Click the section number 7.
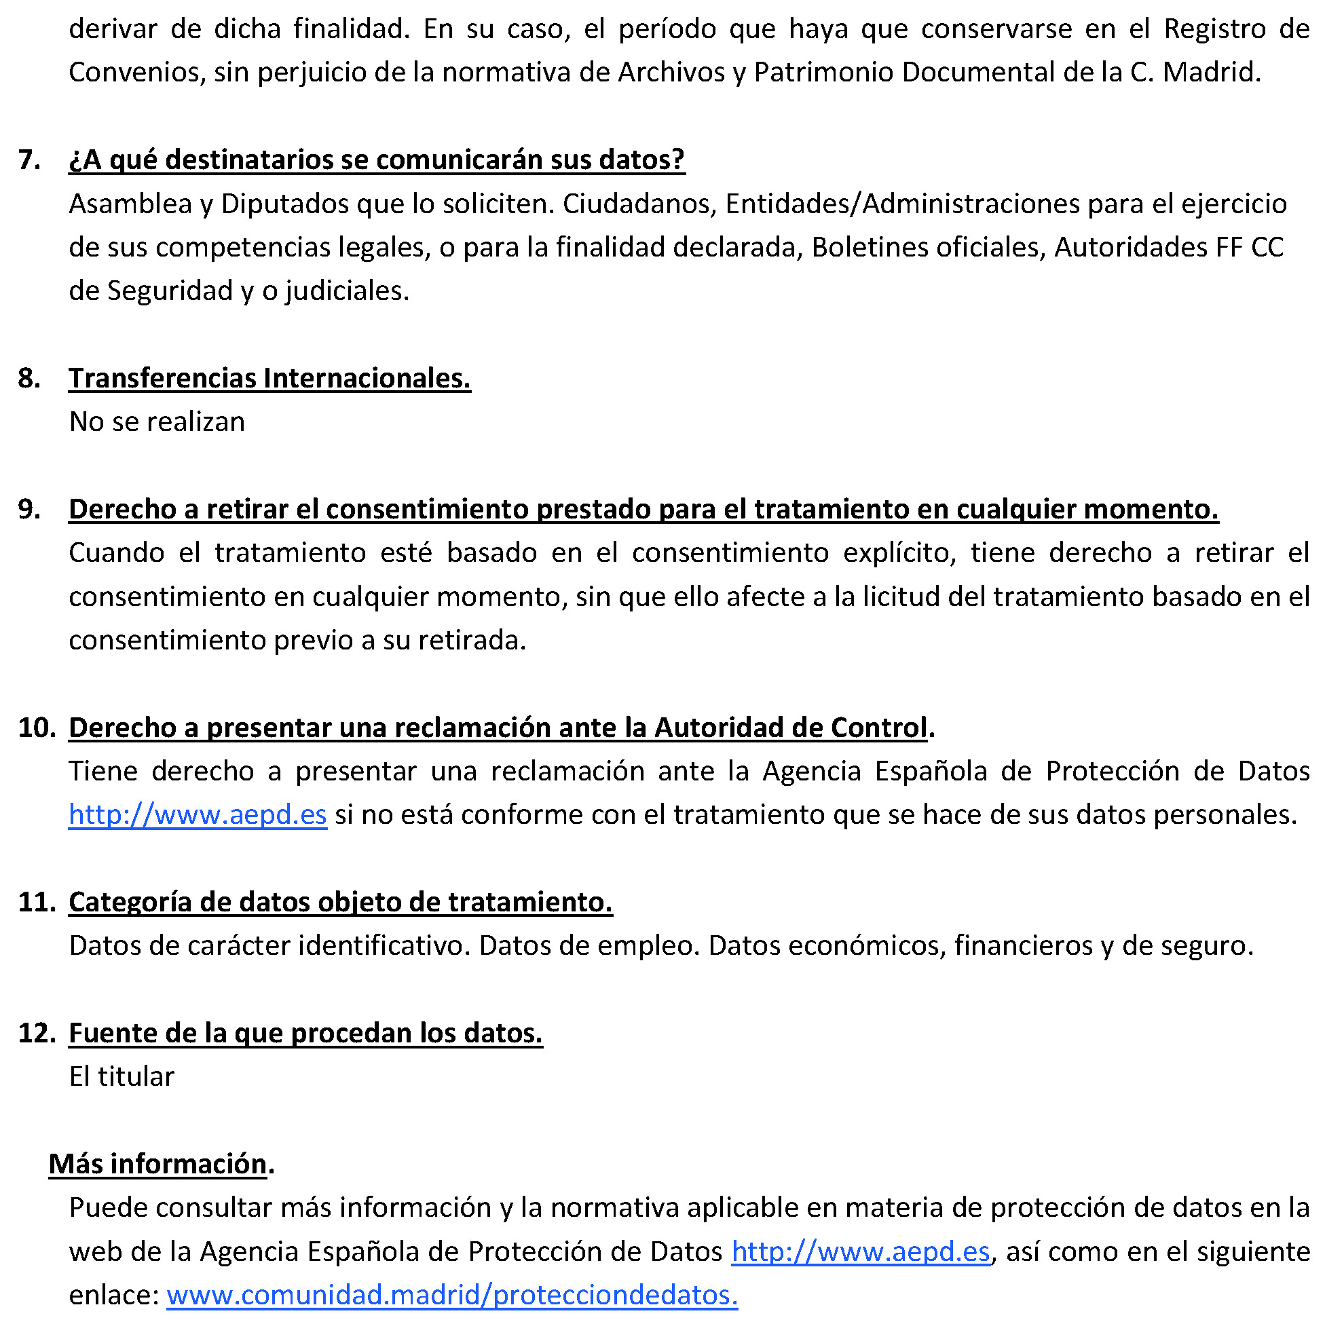(x=29, y=159)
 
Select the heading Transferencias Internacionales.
(x=269, y=378)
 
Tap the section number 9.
(x=29, y=510)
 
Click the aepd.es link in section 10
(x=197, y=814)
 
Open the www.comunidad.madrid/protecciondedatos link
(x=452, y=1295)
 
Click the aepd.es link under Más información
(x=860, y=1251)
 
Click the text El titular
(x=122, y=1076)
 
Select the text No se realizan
(x=157, y=422)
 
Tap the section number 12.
(x=37, y=1033)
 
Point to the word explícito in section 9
(x=899, y=553)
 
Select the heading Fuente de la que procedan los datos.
(x=305, y=1033)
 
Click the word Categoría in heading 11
(x=130, y=903)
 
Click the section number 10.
(x=37, y=728)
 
